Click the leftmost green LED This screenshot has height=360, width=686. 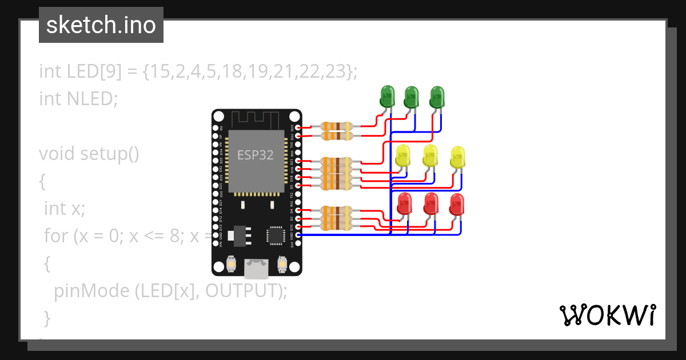387,95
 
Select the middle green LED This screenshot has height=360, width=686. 411,97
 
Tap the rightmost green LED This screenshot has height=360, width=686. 437,97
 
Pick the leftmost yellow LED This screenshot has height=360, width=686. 403,155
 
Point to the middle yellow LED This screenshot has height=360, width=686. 430,155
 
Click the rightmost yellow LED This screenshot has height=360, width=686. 458,157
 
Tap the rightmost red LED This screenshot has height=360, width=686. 457,204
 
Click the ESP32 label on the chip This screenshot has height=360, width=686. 256,154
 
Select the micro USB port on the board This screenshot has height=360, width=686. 257,267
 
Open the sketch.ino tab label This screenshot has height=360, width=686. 101,25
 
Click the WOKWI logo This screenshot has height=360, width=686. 607,315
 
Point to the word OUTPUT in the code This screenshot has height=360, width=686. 242,291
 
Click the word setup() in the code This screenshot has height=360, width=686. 109,154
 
